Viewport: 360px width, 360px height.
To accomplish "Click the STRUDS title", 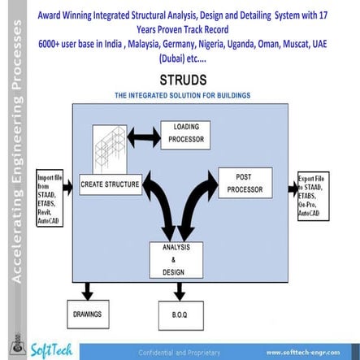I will [x=182, y=80].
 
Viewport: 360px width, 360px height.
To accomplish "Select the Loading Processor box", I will [x=186, y=133].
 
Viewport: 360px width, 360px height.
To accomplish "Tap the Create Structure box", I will [x=110, y=185].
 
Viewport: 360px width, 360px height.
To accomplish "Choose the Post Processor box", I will [x=244, y=183].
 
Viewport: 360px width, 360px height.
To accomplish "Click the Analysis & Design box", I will [x=176, y=258].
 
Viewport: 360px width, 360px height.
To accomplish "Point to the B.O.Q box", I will [x=178, y=313].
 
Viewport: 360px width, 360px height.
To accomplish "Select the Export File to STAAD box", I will [x=313, y=196].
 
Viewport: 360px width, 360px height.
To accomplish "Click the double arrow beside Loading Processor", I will [x=143, y=134].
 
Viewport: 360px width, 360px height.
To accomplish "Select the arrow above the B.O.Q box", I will [x=178, y=290].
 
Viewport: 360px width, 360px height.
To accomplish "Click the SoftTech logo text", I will [x=52, y=350].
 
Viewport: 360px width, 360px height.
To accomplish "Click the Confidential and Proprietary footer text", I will [x=180, y=352].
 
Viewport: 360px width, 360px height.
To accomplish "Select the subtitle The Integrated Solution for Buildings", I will [x=182, y=96].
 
